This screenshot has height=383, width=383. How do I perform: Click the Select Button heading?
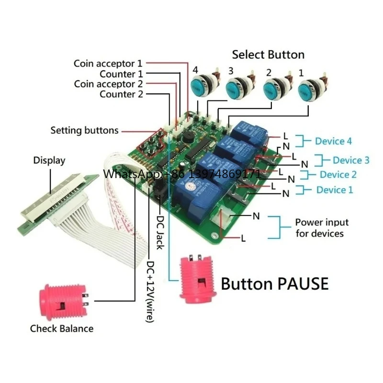(x=268, y=55)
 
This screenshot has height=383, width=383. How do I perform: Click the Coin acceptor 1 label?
(x=108, y=64)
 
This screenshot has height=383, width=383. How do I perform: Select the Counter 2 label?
(x=121, y=94)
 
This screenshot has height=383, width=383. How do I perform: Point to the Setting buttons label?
(x=85, y=130)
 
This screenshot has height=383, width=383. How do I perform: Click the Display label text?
(x=49, y=160)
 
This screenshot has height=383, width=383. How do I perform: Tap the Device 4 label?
(x=333, y=141)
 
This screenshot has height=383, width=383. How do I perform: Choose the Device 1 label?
(x=335, y=190)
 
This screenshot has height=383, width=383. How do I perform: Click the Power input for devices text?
(x=322, y=228)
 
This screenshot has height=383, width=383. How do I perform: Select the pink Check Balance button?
(x=63, y=303)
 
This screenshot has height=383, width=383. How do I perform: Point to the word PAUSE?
(x=303, y=284)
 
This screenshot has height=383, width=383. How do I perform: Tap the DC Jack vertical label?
(x=160, y=232)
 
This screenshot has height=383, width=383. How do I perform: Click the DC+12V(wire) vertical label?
(x=150, y=292)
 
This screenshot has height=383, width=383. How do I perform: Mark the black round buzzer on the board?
(x=187, y=137)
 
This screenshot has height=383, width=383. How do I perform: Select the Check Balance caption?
(x=62, y=328)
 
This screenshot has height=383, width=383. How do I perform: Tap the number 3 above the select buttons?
(x=231, y=71)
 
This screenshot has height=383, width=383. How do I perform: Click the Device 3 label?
(x=351, y=160)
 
